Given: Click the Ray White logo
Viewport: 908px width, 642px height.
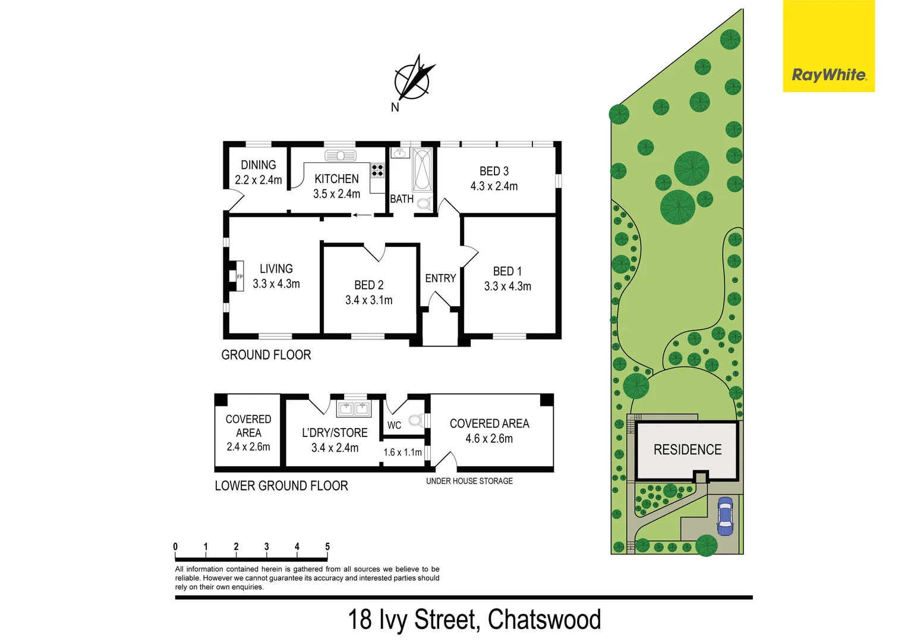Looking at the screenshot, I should coord(828,75).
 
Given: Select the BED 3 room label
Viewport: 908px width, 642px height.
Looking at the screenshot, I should coord(494,171).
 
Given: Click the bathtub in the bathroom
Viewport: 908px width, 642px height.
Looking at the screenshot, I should coord(422,170).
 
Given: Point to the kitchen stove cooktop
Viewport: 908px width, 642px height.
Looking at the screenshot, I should coord(377,171).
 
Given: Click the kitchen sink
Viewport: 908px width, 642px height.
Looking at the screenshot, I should coord(340,156).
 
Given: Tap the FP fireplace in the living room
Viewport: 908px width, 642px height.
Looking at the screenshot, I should coord(239,276).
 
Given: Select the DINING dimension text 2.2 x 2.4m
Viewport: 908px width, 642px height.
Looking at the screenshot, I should coord(258,180).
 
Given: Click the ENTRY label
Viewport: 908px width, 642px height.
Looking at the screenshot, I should coord(440,278).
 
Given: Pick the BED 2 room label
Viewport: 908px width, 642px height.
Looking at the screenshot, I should coord(368,285).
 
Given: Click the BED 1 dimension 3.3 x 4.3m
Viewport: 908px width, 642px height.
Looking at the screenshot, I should coord(507,286).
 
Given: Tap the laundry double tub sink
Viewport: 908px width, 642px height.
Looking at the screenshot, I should coord(354,408).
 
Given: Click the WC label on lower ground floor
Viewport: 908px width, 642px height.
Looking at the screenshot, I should coord(394,425).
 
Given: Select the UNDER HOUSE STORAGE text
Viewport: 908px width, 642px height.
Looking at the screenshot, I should coord(469,481).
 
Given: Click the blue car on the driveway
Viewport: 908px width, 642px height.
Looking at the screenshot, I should coord(725,516).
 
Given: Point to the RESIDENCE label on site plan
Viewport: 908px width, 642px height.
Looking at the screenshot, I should coord(688,449).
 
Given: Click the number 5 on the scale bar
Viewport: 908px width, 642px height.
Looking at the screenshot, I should coord(327,546).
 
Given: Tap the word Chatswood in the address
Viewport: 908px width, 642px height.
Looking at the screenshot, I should coord(544,619).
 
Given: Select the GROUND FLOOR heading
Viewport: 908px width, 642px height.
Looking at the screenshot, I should coord(266,355).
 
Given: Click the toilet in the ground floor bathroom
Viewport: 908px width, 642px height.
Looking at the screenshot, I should coord(423,204).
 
